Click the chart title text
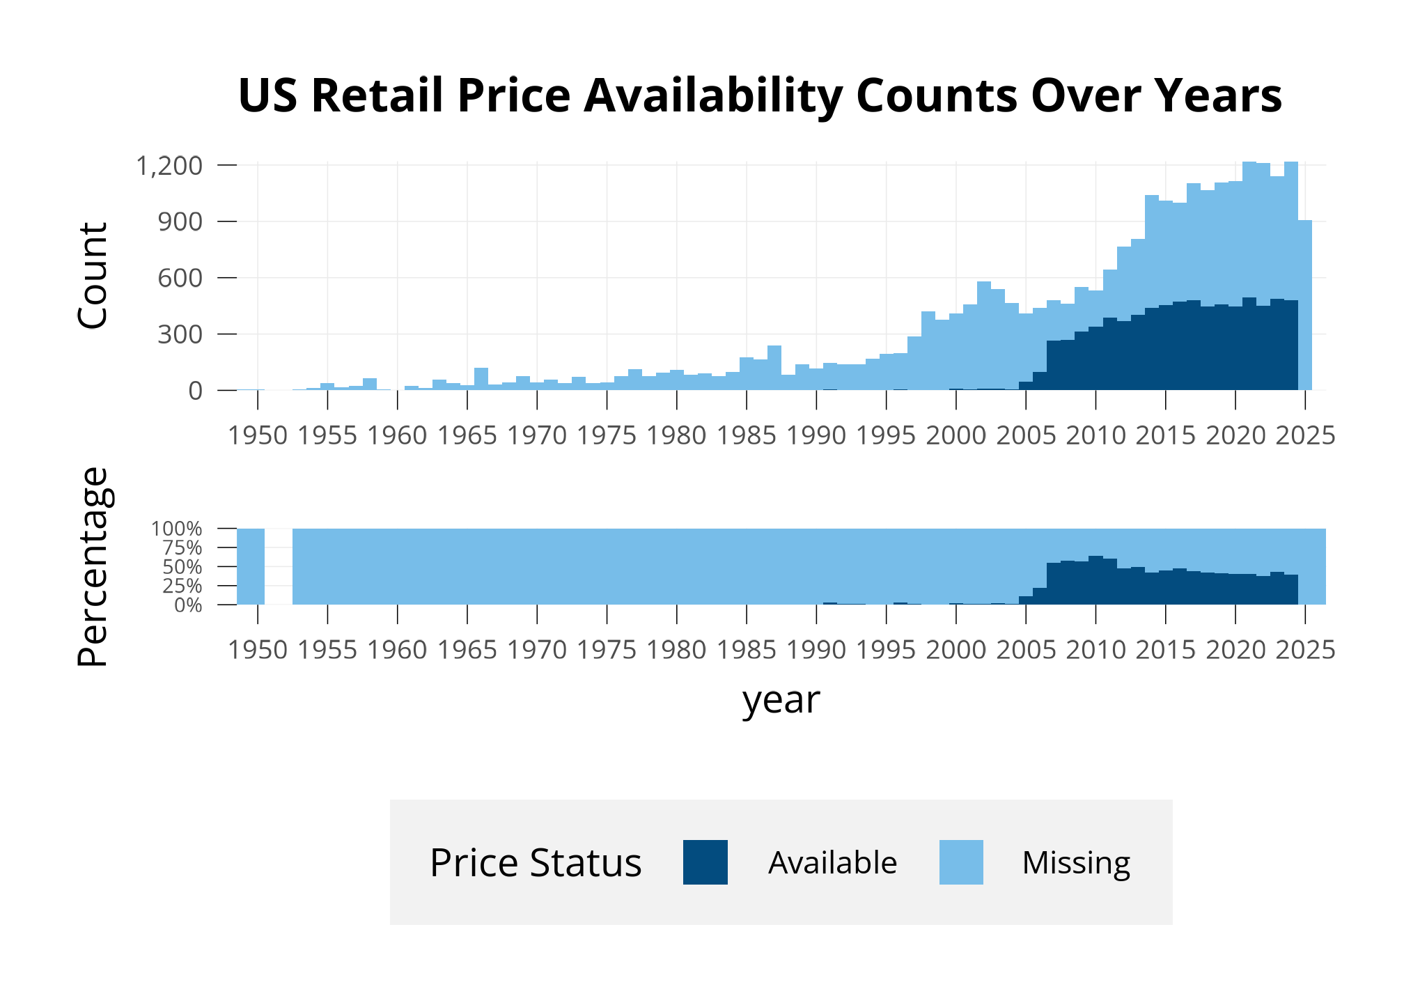(x=760, y=95)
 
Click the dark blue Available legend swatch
(x=705, y=862)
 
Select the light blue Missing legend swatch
(x=961, y=862)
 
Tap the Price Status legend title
(x=535, y=863)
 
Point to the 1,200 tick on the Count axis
(x=169, y=166)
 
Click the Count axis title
(x=93, y=276)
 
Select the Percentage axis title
(x=93, y=567)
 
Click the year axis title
(x=781, y=700)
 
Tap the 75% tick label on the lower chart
(x=182, y=548)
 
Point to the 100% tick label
(x=177, y=529)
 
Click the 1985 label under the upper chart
(x=747, y=436)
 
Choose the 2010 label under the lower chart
(x=1095, y=650)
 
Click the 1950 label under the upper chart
(x=258, y=436)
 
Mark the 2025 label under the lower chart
(x=1305, y=650)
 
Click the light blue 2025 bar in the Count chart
(x=1305, y=306)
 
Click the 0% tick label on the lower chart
(x=188, y=606)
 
